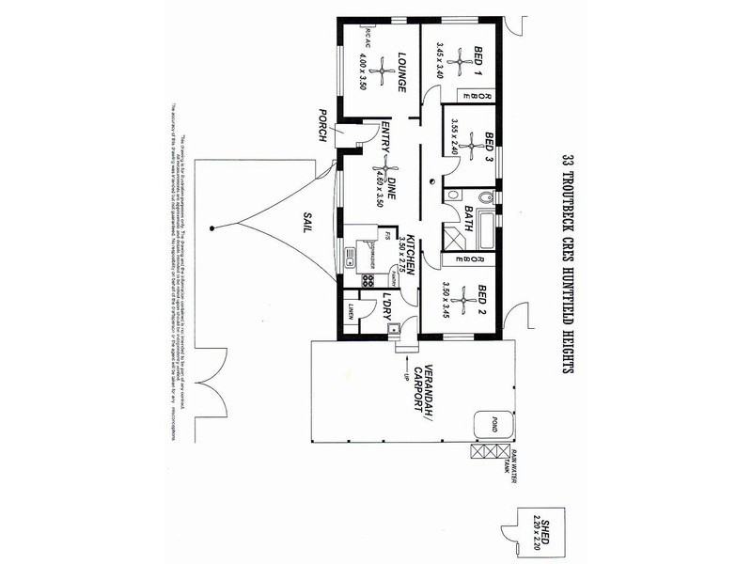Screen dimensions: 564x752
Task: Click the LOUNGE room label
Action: click(x=401, y=72)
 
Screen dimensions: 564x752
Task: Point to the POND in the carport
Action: click(x=488, y=424)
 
